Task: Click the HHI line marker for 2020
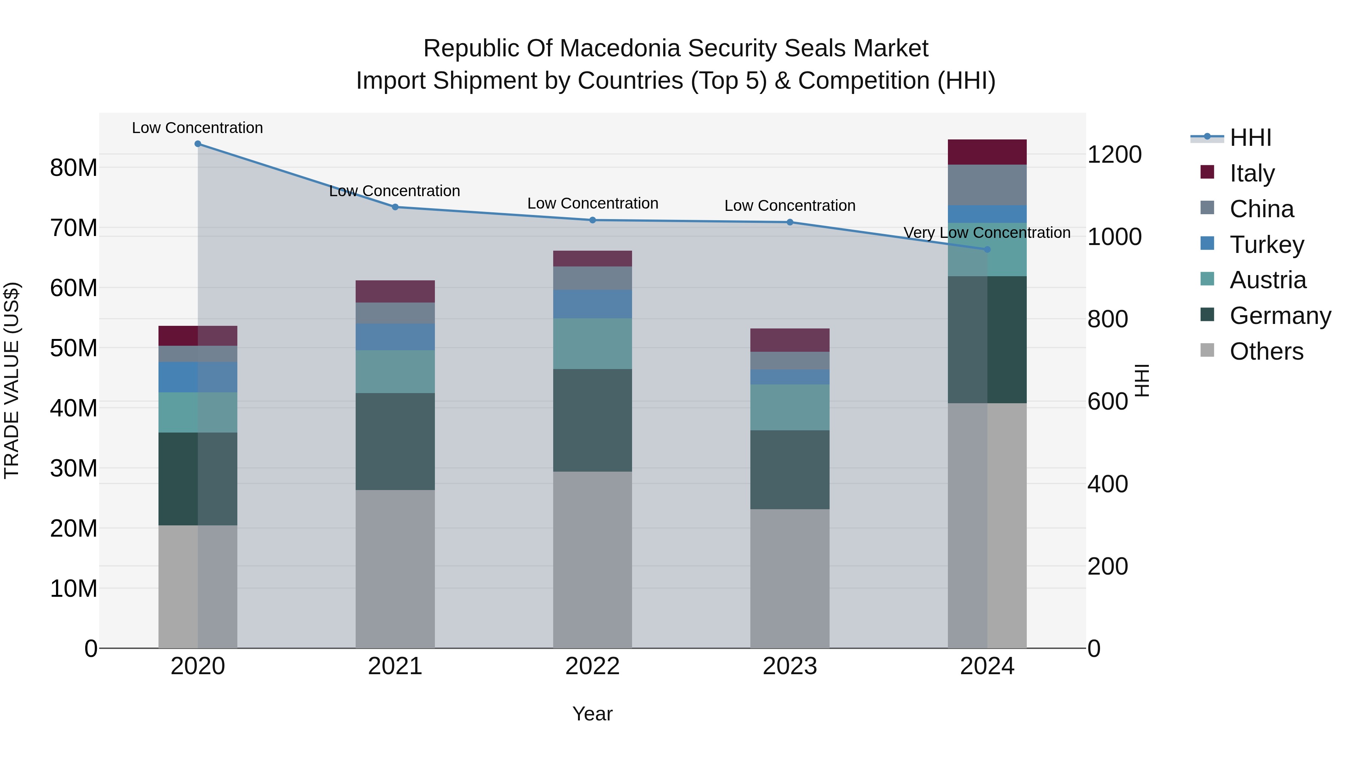tap(198, 144)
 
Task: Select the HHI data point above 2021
tap(395, 207)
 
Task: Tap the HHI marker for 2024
tap(987, 250)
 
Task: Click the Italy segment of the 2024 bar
tap(987, 152)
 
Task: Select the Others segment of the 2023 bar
tap(789, 578)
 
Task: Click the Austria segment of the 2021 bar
tap(395, 371)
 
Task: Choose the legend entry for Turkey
tap(1266, 245)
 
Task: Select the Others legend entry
tap(1266, 351)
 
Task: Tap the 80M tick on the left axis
tap(74, 168)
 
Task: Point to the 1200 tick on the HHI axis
tap(1114, 154)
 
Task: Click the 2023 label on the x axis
tap(789, 666)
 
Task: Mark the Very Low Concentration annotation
tap(987, 233)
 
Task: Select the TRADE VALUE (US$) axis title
tap(12, 380)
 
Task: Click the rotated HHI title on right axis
tap(1142, 380)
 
